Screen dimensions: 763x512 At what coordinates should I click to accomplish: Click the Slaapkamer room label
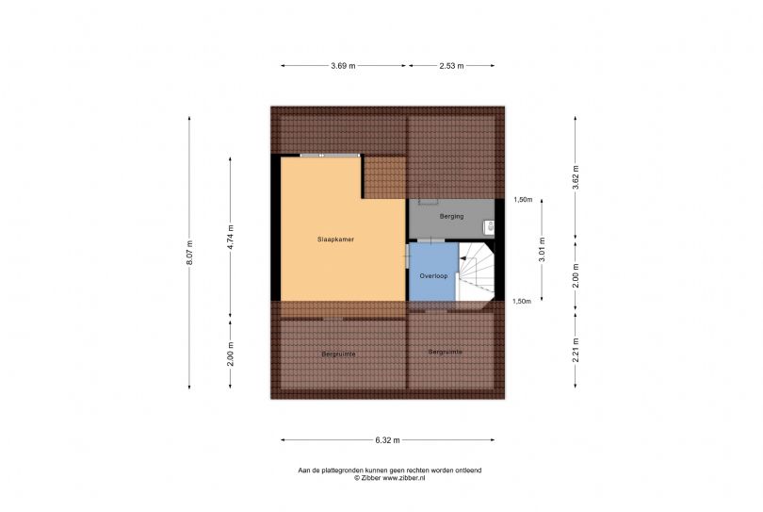pos(335,239)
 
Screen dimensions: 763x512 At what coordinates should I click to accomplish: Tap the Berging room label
pos(451,216)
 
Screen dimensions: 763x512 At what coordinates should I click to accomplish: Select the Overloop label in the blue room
pos(433,276)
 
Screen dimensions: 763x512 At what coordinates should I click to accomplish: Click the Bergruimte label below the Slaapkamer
pos(339,355)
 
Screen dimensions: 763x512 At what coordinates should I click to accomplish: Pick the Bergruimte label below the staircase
pos(446,352)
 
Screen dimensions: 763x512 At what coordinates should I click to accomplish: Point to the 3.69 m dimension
pos(343,66)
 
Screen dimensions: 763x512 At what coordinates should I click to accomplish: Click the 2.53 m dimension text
pos(451,66)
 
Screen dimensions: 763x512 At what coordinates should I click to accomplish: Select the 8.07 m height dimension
pos(189,253)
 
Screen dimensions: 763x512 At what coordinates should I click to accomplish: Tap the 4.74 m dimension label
pos(231,237)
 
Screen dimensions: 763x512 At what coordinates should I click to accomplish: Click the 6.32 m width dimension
pos(388,440)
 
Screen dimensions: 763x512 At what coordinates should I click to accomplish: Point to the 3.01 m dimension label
pos(542,250)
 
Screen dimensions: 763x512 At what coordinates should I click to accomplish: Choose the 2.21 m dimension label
pos(576,350)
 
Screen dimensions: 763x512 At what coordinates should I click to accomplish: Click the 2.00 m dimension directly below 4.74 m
pos(231,355)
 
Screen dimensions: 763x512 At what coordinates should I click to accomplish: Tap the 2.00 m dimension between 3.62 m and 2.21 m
pos(576,275)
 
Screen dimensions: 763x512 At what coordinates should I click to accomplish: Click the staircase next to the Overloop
pos(477,272)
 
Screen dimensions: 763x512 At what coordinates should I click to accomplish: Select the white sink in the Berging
pos(489,227)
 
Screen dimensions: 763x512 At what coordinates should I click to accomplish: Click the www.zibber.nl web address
pos(404,478)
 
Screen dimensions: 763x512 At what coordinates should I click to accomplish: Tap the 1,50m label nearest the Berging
pos(523,199)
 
